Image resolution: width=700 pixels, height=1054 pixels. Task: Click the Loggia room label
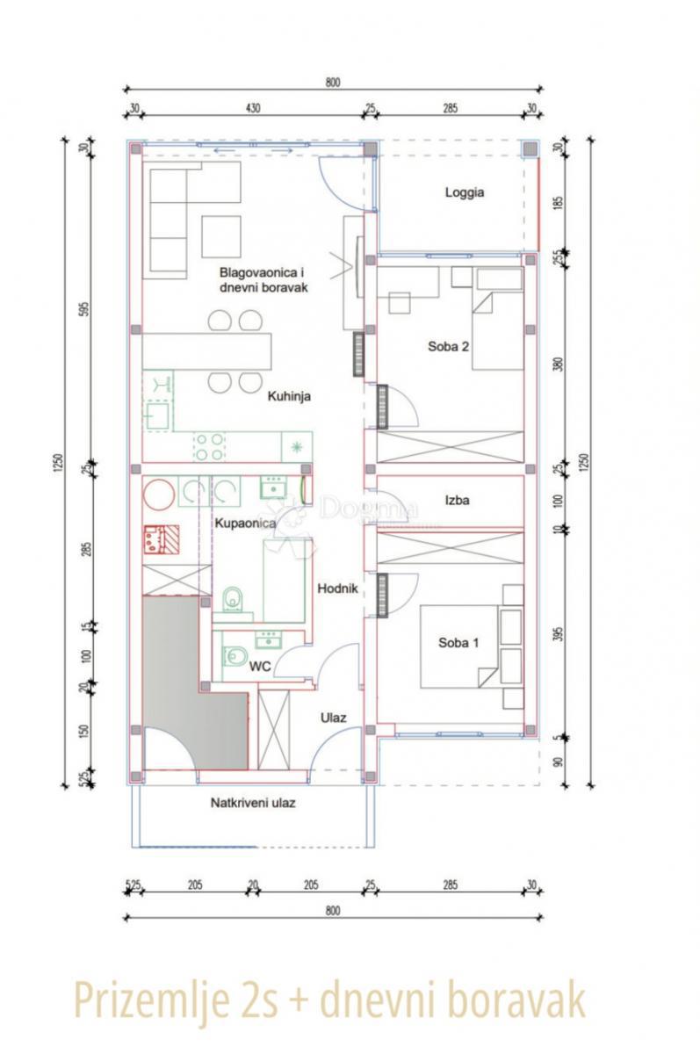coord(465,193)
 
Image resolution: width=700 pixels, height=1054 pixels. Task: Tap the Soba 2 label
coord(449,346)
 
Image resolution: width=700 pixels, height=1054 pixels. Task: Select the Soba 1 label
coord(458,643)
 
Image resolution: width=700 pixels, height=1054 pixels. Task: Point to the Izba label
coord(457,501)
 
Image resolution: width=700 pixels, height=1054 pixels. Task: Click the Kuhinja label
coord(290,396)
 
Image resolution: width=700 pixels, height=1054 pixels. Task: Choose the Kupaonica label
coord(246,523)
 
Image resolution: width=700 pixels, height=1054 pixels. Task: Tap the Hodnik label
coord(336,588)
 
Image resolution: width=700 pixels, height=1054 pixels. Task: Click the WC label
coord(260,668)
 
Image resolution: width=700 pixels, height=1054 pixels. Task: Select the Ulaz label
coord(333,718)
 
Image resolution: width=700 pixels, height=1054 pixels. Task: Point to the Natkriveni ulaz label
coord(250,803)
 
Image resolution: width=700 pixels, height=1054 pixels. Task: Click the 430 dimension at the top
coord(252,109)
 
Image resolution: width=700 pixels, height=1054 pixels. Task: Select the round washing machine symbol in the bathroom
coord(159,494)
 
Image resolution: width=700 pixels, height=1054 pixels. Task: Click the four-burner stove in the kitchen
coord(210,446)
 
